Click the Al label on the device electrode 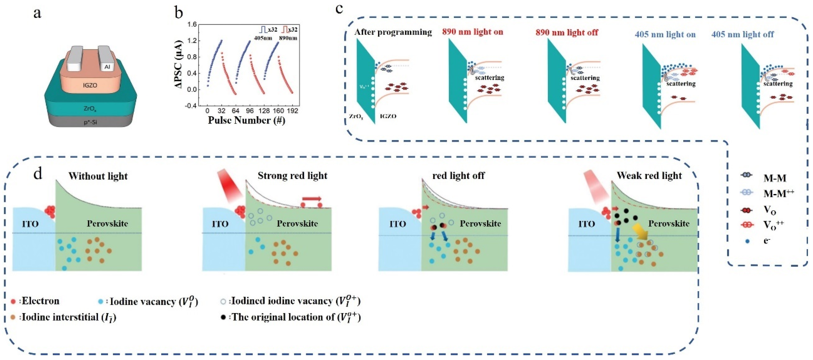point(107,67)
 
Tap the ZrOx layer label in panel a point(90,109)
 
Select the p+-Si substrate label point(90,122)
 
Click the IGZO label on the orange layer point(90,85)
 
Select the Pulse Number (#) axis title point(246,121)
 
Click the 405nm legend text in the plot point(263,38)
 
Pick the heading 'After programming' point(393,32)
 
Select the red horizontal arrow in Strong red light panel point(312,199)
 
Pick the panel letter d point(38,174)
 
